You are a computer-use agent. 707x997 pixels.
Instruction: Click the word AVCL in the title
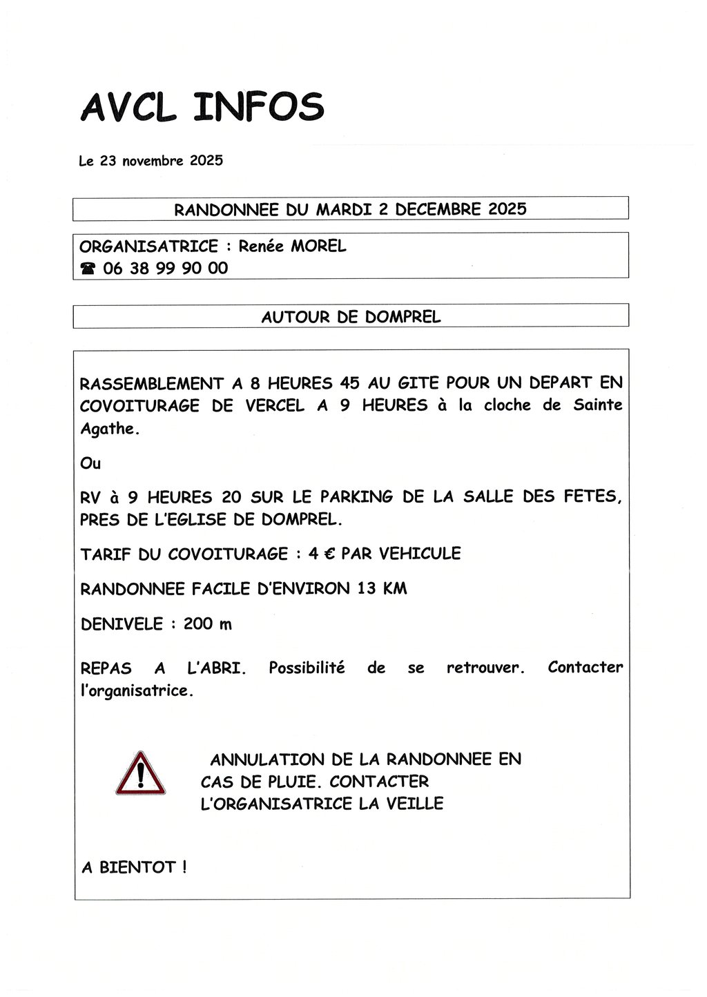click(x=128, y=108)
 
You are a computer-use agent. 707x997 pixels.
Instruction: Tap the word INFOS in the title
click(x=259, y=108)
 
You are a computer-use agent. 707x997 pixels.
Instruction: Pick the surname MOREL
click(x=318, y=246)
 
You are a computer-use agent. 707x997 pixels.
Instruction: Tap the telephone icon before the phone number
click(x=88, y=269)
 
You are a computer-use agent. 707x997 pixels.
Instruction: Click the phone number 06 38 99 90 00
click(x=166, y=269)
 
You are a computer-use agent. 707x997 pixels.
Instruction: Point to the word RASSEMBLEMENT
click(x=152, y=383)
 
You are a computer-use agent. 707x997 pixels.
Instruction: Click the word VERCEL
click(x=275, y=405)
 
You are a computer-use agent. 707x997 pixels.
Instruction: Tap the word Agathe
click(x=108, y=429)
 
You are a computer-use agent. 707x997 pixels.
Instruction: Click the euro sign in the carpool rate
click(x=329, y=554)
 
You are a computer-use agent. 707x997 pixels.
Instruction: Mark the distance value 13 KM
click(x=382, y=589)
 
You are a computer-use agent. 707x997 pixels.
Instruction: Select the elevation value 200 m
click(x=207, y=624)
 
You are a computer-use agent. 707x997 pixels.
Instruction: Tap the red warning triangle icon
click(x=141, y=773)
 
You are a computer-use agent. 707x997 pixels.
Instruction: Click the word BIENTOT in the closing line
click(x=138, y=867)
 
